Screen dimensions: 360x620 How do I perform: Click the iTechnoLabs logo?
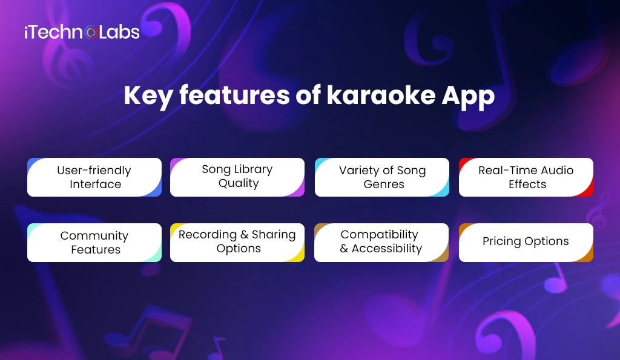pyautogui.click(x=82, y=31)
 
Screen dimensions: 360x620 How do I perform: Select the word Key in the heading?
pyautogui.click(x=146, y=97)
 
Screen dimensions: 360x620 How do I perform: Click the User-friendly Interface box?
pyautogui.click(x=94, y=177)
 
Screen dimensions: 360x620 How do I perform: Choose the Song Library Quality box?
pyautogui.click(x=237, y=177)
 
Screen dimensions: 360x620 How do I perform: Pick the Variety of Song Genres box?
pyautogui.click(x=382, y=177)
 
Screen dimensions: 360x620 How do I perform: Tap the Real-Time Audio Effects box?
pyautogui.click(x=526, y=177)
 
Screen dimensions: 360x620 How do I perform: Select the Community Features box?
pyautogui.click(x=94, y=243)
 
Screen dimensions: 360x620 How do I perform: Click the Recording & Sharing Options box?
pyautogui.click(x=237, y=242)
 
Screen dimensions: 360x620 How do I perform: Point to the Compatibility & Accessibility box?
pyautogui.click(x=381, y=242)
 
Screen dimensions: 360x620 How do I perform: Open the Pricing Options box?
pyautogui.click(x=526, y=242)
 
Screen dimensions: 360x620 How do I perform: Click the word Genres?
pyautogui.click(x=384, y=185)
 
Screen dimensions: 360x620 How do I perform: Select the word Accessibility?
pyautogui.click(x=387, y=249)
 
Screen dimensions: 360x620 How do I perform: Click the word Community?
pyautogui.click(x=94, y=236)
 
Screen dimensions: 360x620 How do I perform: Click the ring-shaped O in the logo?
pyautogui.click(x=91, y=31)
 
